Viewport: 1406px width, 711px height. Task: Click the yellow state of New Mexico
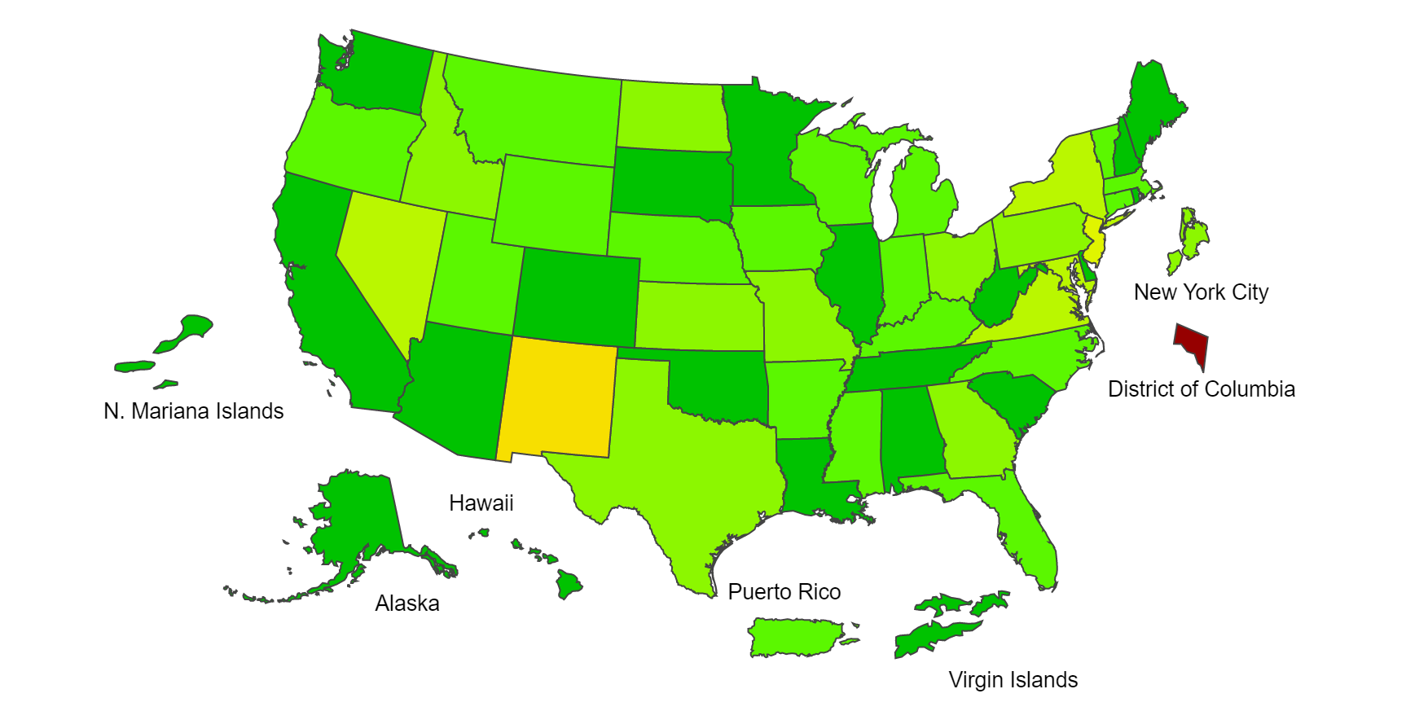[557, 399]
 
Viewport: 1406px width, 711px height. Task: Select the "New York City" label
[1201, 292]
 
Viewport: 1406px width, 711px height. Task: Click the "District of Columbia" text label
[1201, 388]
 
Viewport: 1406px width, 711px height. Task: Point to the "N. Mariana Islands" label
[194, 410]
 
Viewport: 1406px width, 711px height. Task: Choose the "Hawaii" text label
[481, 503]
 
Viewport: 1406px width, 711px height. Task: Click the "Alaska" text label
[407, 603]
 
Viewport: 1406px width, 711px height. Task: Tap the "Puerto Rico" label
[784, 591]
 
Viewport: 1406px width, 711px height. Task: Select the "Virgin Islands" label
[1013, 679]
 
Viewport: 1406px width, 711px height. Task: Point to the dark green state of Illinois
[851, 277]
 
